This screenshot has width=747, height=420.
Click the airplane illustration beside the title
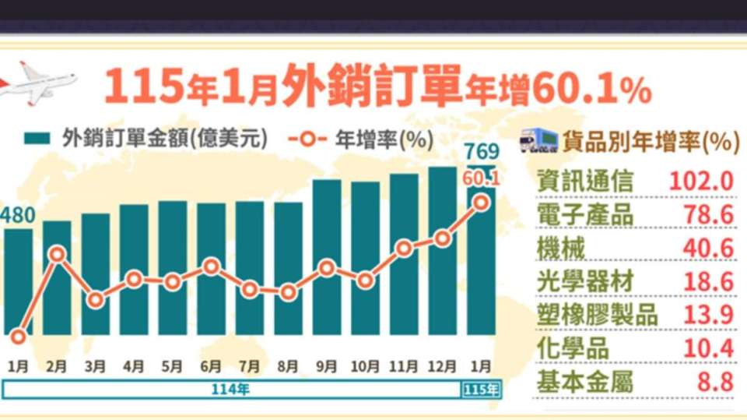tap(37, 83)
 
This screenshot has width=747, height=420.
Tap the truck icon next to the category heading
tap(538, 140)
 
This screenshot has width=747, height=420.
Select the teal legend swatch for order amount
tap(37, 139)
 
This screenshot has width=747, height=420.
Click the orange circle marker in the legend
tap(308, 139)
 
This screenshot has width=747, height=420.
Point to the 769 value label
tap(482, 152)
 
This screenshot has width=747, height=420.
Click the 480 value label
tap(18, 215)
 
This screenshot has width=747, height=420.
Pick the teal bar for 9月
tap(327, 257)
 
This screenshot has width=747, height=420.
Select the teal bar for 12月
tap(443, 251)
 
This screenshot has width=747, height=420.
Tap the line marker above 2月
tap(57, 254)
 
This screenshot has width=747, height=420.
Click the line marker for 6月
tap(211, 266)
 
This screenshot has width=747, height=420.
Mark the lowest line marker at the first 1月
tap(18, 337)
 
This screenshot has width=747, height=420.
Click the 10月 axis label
tap(365, 366)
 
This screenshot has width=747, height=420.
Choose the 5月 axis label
tap(172, 366)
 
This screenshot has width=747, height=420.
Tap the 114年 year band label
tap(230, 390)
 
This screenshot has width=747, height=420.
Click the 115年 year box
tap(481, 390)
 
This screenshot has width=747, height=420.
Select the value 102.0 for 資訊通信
tap(701, 182)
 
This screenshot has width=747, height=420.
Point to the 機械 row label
tap(561, 249)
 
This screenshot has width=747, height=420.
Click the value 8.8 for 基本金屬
tap(716, 383)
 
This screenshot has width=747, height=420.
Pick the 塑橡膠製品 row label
tap(598, 315)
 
